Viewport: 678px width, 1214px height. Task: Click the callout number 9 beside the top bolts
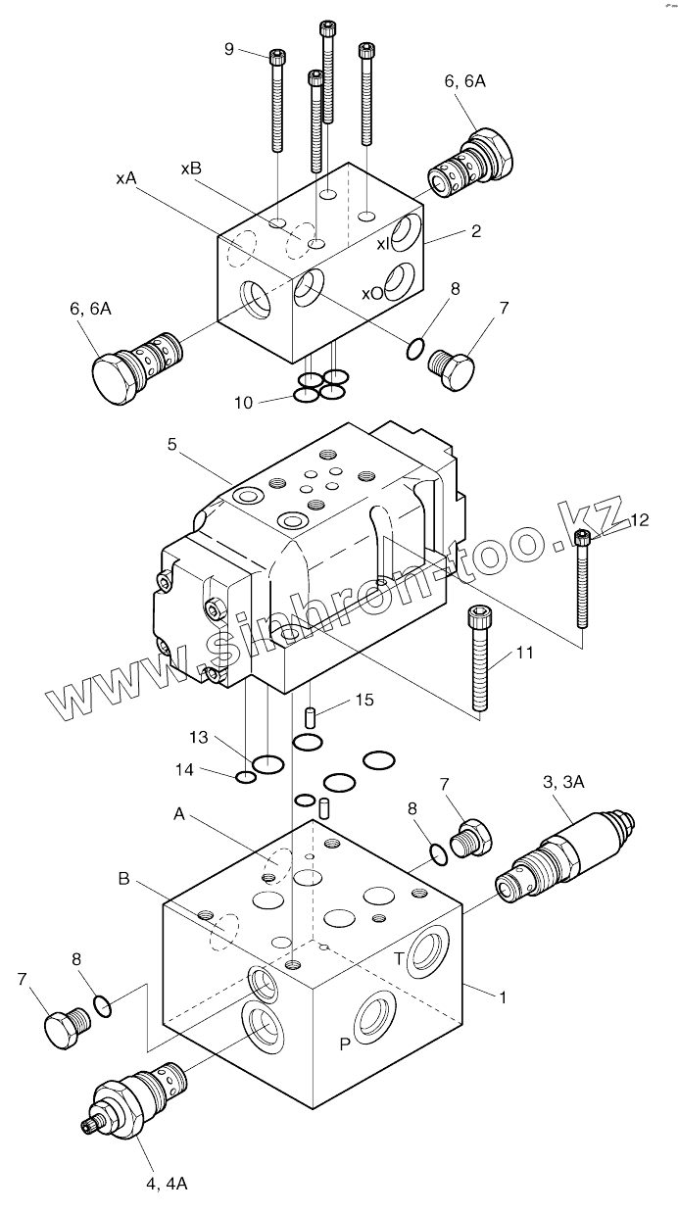coord(229,48)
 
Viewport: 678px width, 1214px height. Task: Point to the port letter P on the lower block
coord(345,1044)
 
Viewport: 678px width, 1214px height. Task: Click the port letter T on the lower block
coord(400,958)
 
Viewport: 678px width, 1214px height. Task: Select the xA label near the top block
coord(125,178)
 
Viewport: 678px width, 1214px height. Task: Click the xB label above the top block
coord(191,169)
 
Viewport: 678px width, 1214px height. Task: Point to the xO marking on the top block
coord(372,293)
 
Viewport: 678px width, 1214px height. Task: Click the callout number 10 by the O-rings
coord(244,401)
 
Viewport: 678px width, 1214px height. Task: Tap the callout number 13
coord(199,736)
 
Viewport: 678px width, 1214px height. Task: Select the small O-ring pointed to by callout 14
coord(246,778)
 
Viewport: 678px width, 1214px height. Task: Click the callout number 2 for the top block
coord(475,231)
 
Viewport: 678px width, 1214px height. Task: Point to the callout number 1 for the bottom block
coord(502,997)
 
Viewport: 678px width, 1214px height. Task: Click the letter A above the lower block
coord(179,813)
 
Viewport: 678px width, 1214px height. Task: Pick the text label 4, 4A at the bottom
coord(167,1184)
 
